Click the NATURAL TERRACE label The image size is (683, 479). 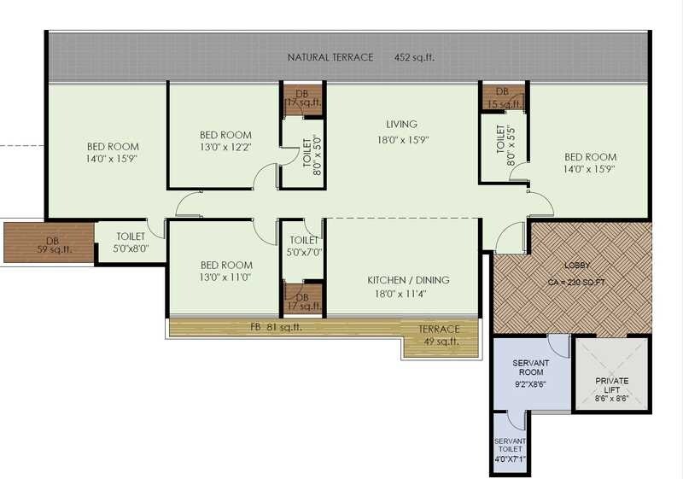[330, 57]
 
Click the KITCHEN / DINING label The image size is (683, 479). [408, 280]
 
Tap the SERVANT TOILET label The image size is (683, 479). [511, 446]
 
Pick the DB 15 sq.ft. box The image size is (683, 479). [502, 97]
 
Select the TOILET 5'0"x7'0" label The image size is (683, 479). [304, 247]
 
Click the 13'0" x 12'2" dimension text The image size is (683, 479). [225, 149]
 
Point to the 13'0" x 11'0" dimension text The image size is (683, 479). [225, 277]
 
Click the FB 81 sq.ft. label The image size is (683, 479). [275, 327]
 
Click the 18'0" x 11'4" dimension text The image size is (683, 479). [408, 295]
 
